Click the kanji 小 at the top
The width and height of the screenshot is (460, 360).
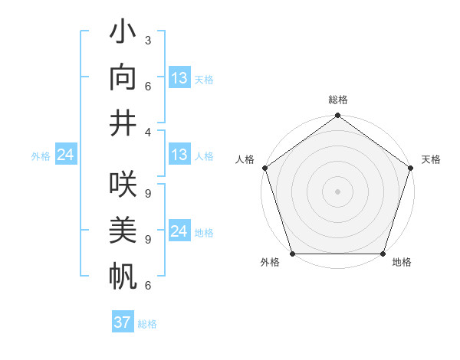123,36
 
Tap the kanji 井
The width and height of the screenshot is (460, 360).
123,122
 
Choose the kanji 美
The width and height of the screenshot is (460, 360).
123,231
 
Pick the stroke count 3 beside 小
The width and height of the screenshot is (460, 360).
147,39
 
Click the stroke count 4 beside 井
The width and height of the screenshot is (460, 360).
147,132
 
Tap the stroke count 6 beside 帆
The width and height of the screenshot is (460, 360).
147,286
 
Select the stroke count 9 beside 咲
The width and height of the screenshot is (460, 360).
147,193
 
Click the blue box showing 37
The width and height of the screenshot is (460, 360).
123,322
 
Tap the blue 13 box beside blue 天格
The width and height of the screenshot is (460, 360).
179,78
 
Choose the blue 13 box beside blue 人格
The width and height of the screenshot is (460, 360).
179,155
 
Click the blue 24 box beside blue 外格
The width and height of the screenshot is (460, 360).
65,155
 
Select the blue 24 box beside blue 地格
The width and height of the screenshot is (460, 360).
179,231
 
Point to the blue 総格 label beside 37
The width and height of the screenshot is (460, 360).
147,324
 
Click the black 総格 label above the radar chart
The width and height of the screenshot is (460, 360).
337,100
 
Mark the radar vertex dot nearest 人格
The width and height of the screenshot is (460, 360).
265,168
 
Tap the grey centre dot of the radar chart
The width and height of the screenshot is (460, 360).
337,191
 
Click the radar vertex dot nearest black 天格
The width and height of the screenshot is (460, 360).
410,168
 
